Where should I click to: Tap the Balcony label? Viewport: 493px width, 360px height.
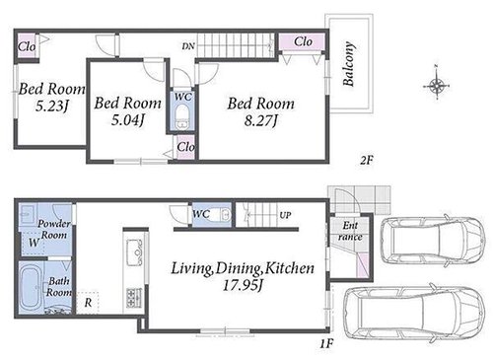(x=349, y=64)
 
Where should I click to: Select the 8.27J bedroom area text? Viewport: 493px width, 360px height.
(x=261, y=121)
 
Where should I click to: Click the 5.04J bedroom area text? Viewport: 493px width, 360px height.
(x=127, y=120)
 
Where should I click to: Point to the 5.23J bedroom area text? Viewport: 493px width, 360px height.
(x=52, y=106)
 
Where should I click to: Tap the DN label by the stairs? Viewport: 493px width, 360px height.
(x=188, y=46)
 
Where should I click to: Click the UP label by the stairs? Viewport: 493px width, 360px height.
(x=285, y=215)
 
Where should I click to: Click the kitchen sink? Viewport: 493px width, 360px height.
(x=135, y=252)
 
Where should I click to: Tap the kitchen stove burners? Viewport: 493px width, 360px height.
(x=134, y=297)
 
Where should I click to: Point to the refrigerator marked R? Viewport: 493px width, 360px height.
(x=88, y=303)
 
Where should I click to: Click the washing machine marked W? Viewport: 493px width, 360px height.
(x=33, y=243)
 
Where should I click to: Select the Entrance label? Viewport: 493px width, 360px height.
(x=350, y=231)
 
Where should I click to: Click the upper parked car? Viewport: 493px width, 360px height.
(x=433, y=239)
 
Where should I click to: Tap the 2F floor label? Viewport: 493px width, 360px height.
(x=367, y=161)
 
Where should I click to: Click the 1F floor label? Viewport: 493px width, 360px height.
(x=327, y=344)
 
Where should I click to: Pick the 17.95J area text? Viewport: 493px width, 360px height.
(x=243, y=285)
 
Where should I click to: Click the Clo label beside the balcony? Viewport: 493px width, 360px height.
(x=303, y=41)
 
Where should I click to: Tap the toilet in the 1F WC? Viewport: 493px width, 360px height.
(x=221, y=215)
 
